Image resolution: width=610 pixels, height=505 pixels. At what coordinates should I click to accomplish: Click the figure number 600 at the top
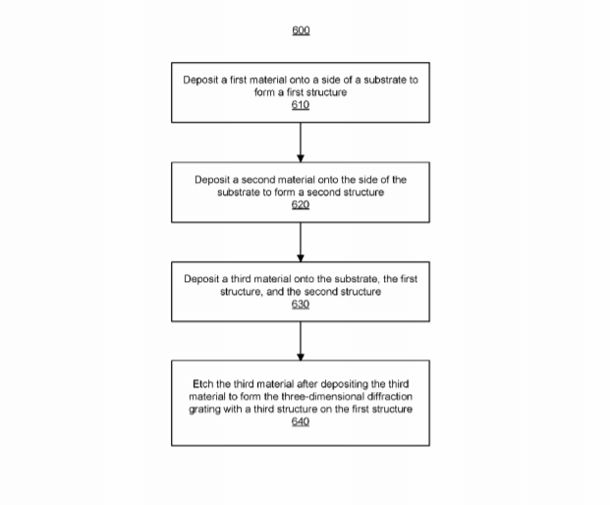click(301, 30)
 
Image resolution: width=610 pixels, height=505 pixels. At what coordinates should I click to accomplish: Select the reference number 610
click(301, 105)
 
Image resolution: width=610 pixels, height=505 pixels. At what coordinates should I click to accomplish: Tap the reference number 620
click(301, 204)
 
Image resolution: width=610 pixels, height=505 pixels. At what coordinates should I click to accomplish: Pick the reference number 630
click(301, 305)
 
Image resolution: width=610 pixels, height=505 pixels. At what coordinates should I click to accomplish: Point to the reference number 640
click(301, 421)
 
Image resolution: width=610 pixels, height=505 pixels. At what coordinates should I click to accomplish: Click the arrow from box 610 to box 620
click(301, 142)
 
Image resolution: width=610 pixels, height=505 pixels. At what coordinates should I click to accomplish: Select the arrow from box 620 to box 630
click(301, 242)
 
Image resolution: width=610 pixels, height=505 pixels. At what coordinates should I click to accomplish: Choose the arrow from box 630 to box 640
click(301, 341)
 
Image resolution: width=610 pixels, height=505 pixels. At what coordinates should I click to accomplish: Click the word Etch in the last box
click(202, 384)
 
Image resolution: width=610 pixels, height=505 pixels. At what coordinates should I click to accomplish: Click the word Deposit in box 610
click(200, 81)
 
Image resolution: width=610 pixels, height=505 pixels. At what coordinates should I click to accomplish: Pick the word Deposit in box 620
click(212, 180)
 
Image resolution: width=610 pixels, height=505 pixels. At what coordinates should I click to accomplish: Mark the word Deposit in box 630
click(201, 279)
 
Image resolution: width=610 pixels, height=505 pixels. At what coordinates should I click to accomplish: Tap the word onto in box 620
click(328, 180)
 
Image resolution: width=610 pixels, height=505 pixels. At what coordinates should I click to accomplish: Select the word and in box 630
click(275, 292)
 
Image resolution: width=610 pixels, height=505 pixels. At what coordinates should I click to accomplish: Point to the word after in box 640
click(306, 384)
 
